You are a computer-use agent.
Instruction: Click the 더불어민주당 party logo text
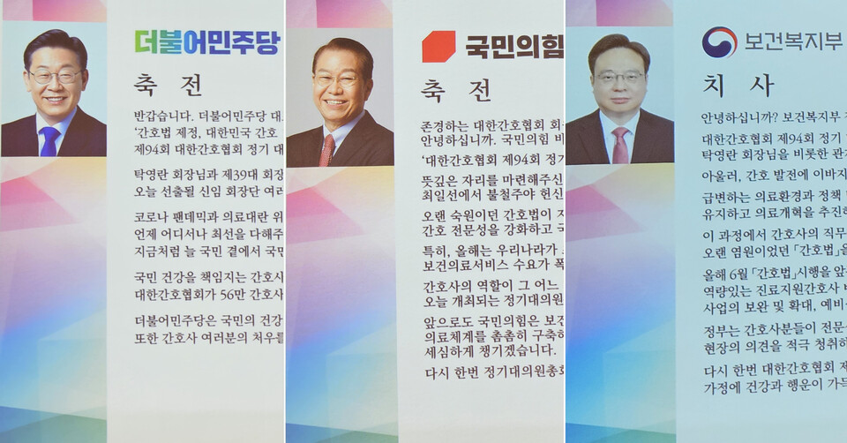tap(206, 41)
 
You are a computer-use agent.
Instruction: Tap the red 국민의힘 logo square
tap(438, 46)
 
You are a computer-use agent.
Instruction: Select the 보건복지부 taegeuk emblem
tap(719, 41)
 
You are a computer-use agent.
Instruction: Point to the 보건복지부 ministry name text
tap(791, 41)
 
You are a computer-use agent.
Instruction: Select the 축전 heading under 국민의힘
tap(455, 90)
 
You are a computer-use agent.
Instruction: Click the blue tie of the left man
tap(49, 141)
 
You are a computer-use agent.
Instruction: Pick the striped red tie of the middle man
tap(326, 150)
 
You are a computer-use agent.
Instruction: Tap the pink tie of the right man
tap(620, 146)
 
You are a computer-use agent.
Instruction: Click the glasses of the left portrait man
tap(55, 77)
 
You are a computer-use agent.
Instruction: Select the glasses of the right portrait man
tap(619, 78)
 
